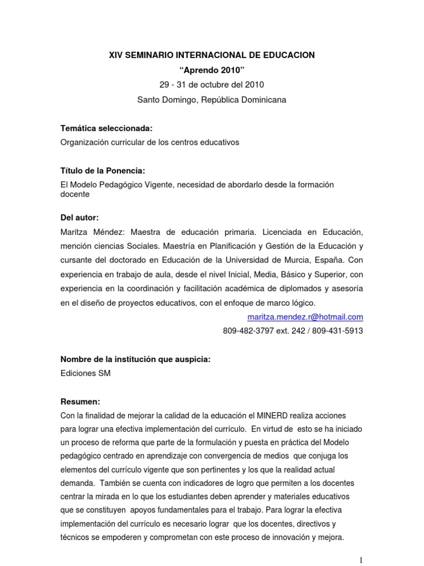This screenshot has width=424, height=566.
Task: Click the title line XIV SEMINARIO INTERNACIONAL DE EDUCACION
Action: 212,55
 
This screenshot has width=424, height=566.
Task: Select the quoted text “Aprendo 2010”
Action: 212,70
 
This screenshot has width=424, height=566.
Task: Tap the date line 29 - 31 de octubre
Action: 212,85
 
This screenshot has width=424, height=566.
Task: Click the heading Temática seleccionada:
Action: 106,128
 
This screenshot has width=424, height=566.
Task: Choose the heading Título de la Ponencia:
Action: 103,171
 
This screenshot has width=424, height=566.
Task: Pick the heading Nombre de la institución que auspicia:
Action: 135,359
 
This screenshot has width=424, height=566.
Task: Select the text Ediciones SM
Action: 85,373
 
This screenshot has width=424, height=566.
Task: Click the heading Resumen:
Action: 81,401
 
